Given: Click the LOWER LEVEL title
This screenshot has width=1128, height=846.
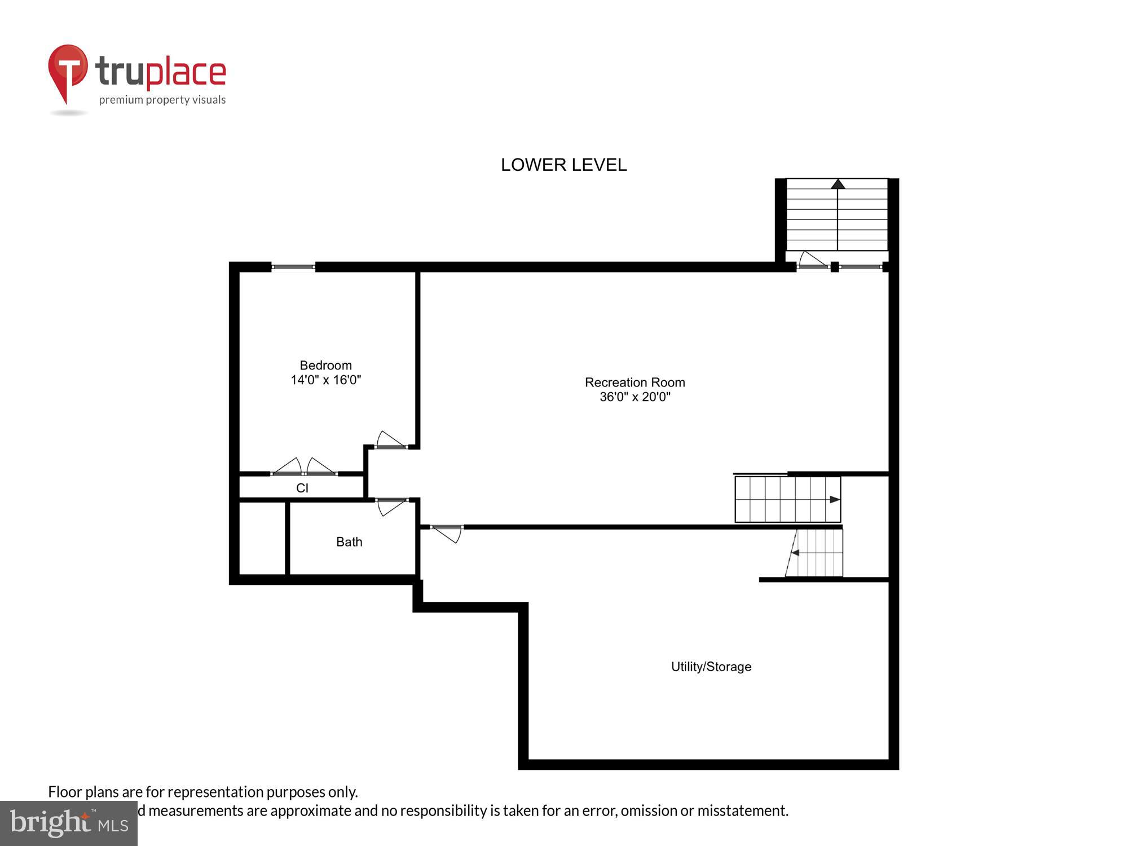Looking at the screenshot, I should pos(563,165).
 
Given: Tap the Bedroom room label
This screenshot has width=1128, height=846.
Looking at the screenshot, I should pos(325,365).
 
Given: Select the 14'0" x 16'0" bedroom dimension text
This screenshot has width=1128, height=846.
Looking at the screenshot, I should pos(325,380).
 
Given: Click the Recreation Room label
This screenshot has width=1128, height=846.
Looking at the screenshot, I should pos(634,382).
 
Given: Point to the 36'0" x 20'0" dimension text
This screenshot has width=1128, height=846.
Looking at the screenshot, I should pos(634,397).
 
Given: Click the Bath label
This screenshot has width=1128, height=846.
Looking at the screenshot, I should pos(349,542).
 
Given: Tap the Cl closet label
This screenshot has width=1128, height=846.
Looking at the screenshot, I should pos(302,488).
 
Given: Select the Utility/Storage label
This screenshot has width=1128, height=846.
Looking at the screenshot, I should pos(711,667).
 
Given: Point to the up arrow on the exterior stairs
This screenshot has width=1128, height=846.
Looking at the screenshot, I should pos(838,184).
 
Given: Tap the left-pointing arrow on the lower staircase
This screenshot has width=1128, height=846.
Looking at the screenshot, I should pos(795,553).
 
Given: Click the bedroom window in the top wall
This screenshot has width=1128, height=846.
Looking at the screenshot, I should pos(293,267).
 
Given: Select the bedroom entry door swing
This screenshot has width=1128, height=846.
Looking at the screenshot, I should pos(390,440).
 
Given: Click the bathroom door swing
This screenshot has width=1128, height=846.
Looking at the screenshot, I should pos(390,506).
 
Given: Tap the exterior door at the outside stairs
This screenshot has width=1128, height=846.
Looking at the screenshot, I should pos(813,261).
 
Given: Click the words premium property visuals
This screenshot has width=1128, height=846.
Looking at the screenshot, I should pos(162,100).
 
